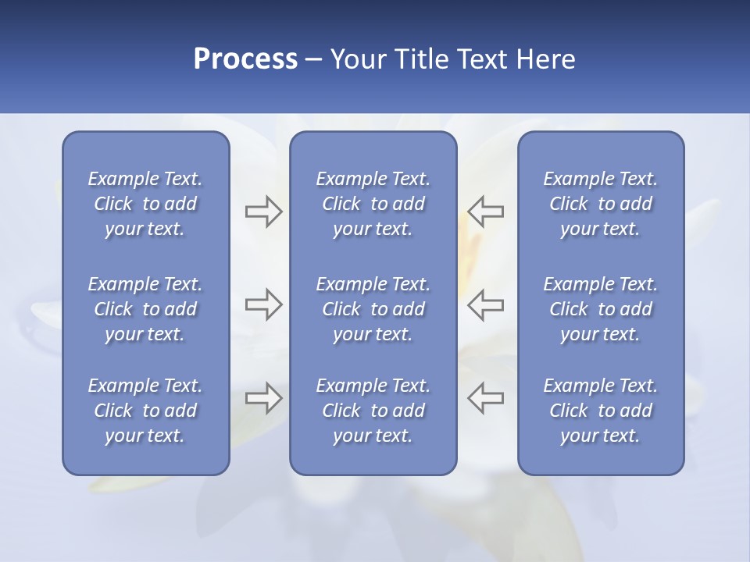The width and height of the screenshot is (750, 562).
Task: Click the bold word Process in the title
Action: [x=245, y=59]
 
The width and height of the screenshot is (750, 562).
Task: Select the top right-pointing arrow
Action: [x=263, y=212]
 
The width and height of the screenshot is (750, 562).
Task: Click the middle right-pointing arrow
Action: [x=263, y=304]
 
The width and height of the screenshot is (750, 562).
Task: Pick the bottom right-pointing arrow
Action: [x=263, y=398]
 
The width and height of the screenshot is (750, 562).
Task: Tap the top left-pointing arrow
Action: [x=485, y=212]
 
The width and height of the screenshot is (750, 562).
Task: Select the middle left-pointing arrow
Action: [x=485, y=304]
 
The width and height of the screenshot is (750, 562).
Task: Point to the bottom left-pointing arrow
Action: [x=485, y=398]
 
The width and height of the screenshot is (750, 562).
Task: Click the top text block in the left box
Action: [x=145, y=204]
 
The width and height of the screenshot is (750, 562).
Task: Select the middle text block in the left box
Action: [x=145, y=309]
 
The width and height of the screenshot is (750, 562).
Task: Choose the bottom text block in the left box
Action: [x=145, y=411]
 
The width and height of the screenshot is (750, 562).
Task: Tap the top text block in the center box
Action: [x=373, y=204]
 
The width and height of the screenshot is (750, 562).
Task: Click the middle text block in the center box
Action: [x=373, y=309]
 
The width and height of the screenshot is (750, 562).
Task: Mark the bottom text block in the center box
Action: [x=373, y=411]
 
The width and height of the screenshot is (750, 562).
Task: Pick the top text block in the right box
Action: [x=600, y=204]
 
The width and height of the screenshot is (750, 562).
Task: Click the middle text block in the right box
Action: [x=600, y=309]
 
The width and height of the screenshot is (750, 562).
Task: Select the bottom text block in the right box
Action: [x=600, y=411]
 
